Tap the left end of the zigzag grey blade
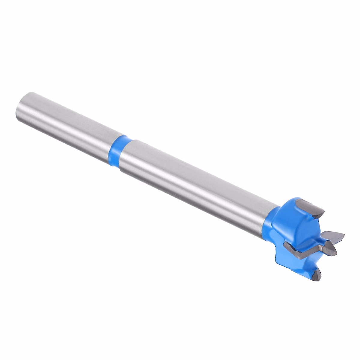tap(286, 244)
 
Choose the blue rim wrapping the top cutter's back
tap(297, 201)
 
